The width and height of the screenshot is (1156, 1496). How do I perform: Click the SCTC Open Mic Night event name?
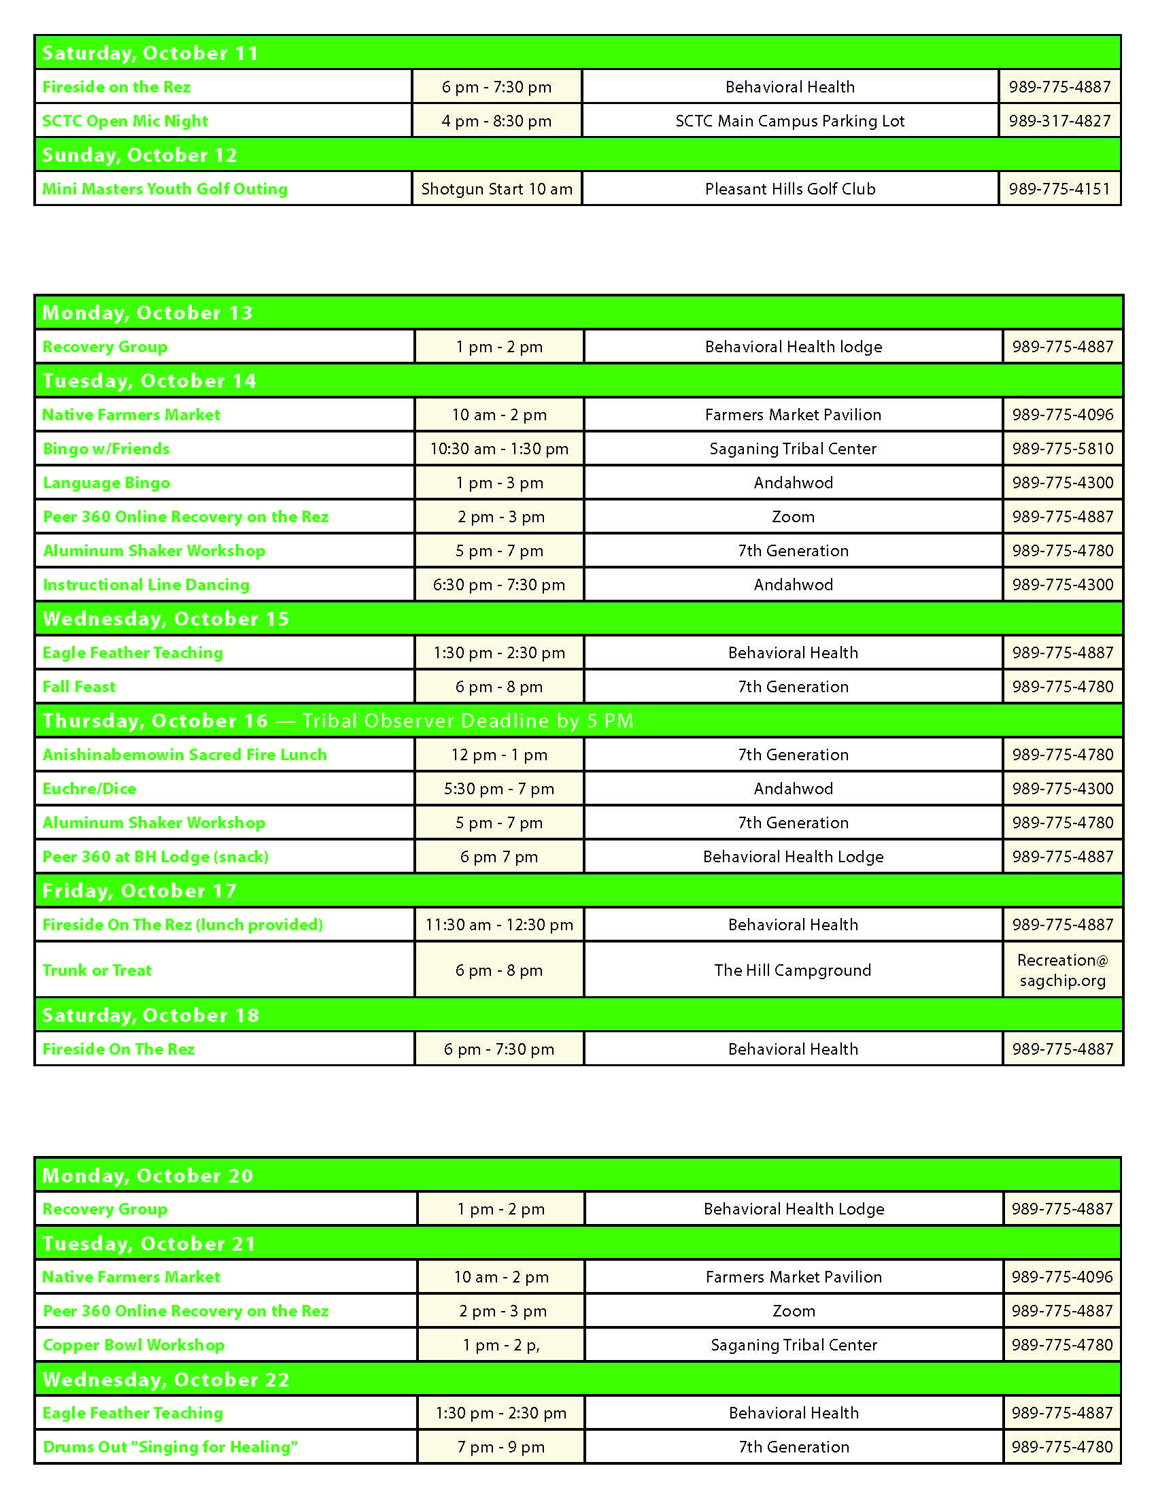pos(125,121)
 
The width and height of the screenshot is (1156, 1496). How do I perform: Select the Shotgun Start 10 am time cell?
pos(496,189)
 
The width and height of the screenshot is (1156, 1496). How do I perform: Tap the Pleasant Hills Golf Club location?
pos(789,189)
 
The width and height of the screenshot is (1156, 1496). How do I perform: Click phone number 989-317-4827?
pos(1059,121)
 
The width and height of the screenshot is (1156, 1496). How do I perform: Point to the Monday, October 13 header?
pos(148,313)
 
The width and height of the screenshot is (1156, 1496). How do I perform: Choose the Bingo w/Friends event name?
pos(106,449)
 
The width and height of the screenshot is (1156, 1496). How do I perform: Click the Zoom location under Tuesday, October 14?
pos(793,517)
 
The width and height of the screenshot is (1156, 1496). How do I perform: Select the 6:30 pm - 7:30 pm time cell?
pos(498,585)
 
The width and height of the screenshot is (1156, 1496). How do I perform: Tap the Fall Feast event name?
pos(80,686)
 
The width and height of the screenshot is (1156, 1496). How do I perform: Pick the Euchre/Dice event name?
pos(90,788)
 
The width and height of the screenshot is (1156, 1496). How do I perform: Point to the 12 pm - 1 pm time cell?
pos(498,755)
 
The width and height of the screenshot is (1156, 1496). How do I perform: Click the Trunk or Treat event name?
pos(97,970)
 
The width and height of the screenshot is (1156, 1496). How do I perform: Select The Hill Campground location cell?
pos(792,970)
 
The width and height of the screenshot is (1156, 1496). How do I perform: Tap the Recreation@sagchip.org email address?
pos(1062,970)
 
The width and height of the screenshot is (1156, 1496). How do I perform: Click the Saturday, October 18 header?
pos(151,1015)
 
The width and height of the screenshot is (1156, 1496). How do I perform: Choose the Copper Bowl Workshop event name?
pos(133,1344)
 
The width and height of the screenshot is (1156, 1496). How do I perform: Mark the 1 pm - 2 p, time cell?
pos(500,1344)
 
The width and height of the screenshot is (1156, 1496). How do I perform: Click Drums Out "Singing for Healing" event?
pos(171,1446)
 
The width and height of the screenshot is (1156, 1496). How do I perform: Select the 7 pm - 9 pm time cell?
pos(500,1446)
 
